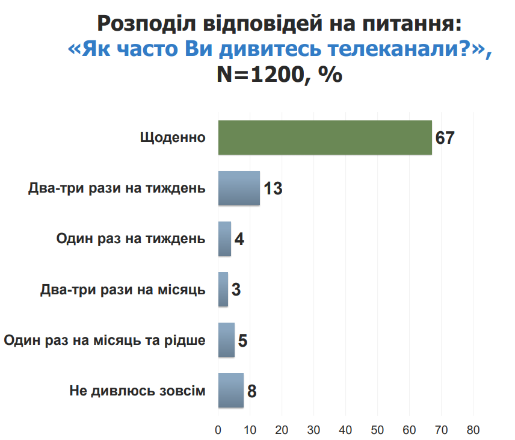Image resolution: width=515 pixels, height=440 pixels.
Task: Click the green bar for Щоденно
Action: point(325,138)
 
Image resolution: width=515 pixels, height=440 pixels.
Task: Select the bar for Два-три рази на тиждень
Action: point(239,188)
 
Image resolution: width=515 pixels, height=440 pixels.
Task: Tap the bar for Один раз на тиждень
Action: point(224,239)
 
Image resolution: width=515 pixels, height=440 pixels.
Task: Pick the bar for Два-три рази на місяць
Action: point(223,290)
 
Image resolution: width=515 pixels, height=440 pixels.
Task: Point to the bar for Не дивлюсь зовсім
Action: point(231,391)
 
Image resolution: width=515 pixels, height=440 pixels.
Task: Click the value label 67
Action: point(445,138)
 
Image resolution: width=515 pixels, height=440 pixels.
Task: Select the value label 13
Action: point(273,188)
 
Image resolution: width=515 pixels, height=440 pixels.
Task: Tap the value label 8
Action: point(252,391)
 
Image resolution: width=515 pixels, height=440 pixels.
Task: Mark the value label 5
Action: point(242,341)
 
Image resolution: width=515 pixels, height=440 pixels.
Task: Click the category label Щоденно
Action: point(173,138)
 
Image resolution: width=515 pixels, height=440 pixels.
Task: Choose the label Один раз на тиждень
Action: point(131,239)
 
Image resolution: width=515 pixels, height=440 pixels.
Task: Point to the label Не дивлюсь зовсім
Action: point(138,391)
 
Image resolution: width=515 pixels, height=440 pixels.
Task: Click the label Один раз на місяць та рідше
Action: point(105,340)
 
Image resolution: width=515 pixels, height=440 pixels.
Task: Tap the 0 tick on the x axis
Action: point(218,430)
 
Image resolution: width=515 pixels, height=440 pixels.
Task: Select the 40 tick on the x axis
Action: point(345,430)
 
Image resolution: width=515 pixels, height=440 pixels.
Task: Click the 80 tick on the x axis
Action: point(473,430)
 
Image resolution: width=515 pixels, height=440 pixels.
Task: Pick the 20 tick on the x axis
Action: point(282,430)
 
